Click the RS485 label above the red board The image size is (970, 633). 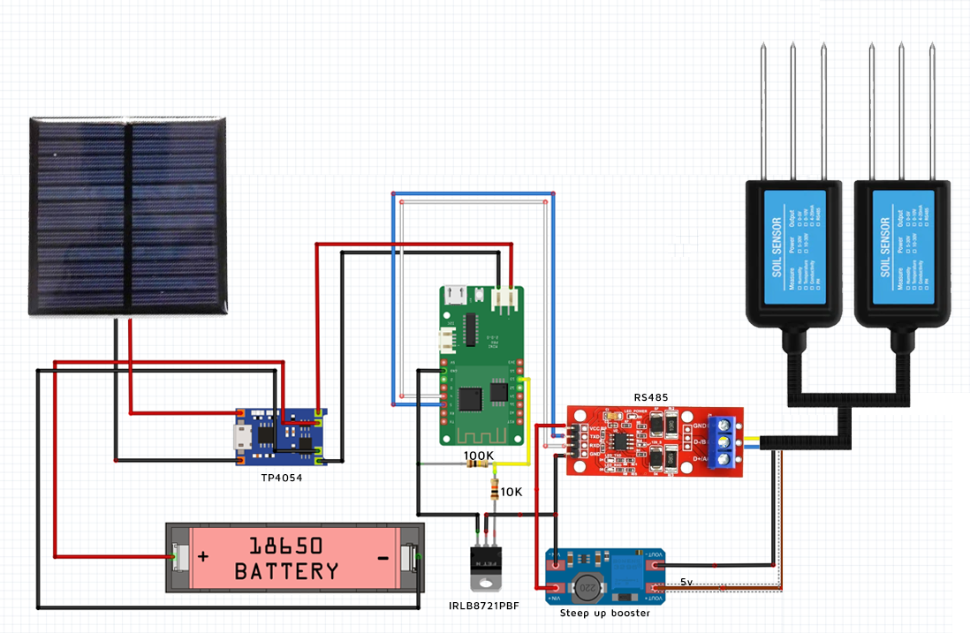tap(651, 397)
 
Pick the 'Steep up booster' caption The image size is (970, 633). tap(605, 613)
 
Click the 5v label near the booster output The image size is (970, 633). tap(687, 583)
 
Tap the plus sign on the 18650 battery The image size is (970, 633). tap(203, 558)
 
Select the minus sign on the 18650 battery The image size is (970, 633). tap(383, 558)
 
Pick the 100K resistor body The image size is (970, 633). tap(479, 464)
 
